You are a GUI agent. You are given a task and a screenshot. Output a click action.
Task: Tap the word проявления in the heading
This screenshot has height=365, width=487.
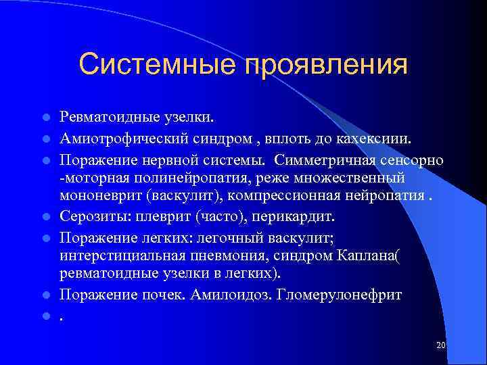coord(326,65)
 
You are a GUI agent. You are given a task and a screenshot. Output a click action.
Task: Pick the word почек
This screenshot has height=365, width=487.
coord(163,295)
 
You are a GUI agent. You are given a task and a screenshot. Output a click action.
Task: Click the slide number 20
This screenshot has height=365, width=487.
coord(441,345)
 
